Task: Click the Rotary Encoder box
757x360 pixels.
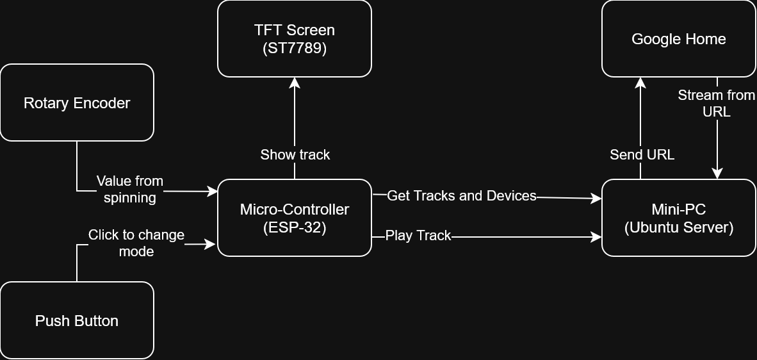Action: [77, 102]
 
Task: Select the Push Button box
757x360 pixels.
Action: [77, 320]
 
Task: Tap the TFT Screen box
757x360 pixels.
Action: [295, 38]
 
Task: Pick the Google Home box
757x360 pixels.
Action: [679, 38]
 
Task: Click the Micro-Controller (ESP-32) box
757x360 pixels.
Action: [295, 218]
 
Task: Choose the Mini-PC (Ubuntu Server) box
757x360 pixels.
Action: [679, 218]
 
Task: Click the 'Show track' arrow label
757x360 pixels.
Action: [295, 154]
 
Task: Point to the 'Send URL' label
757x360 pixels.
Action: [642, 154]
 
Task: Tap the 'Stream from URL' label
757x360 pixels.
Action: [717, 103]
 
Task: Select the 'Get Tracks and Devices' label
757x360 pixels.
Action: [462, 195]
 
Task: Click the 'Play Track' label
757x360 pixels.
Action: [418, 236]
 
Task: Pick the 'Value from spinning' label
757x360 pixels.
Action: [129, 189]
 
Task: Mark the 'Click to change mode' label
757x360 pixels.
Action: [136, 243]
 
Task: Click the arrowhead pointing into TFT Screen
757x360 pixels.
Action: [295, 82]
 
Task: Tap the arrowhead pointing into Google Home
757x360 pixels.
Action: [640, 82]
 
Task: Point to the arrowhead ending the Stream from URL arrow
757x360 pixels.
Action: [717, 174]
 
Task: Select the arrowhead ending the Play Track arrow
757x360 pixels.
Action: [597, 237]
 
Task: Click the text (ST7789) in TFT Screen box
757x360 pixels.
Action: [295, 49]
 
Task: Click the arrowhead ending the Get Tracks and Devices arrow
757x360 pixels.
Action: [597, 199]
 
